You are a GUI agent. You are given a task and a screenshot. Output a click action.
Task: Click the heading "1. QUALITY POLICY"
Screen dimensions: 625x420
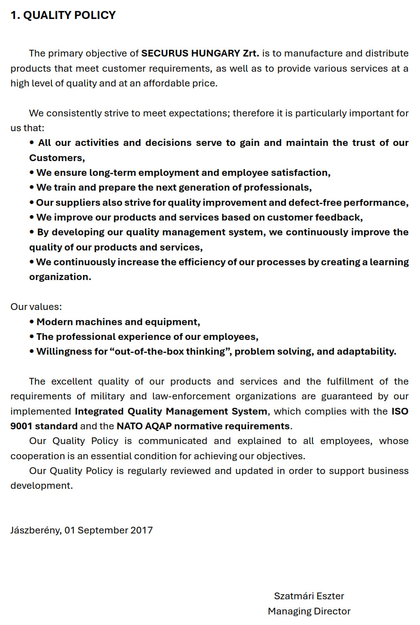coord(63,15)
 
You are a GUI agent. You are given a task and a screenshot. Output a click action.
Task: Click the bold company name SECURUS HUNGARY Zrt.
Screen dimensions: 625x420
coord(200,54)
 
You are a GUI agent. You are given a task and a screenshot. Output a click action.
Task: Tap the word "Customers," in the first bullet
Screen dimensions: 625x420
coord(57,158)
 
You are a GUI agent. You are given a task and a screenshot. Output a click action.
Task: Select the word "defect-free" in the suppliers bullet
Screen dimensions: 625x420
coord(315,203)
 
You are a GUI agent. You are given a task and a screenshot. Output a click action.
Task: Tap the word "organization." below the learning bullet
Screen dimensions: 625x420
coord(60,277)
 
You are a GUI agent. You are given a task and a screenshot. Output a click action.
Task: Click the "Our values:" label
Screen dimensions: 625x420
coord(36,307)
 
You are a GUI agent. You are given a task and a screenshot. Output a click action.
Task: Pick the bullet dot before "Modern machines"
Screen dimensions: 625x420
coord(32,322)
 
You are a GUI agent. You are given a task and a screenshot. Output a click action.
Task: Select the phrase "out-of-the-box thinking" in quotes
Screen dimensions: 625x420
coord(170,352)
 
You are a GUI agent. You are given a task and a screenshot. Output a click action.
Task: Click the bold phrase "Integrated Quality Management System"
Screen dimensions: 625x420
coord(171,411)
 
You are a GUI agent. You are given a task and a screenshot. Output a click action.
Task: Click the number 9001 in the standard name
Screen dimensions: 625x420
coord(21,426)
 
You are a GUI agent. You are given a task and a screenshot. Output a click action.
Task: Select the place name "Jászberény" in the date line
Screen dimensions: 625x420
coord(35,531)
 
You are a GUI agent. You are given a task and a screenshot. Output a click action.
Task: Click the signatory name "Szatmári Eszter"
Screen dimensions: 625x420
coord(309,596)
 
